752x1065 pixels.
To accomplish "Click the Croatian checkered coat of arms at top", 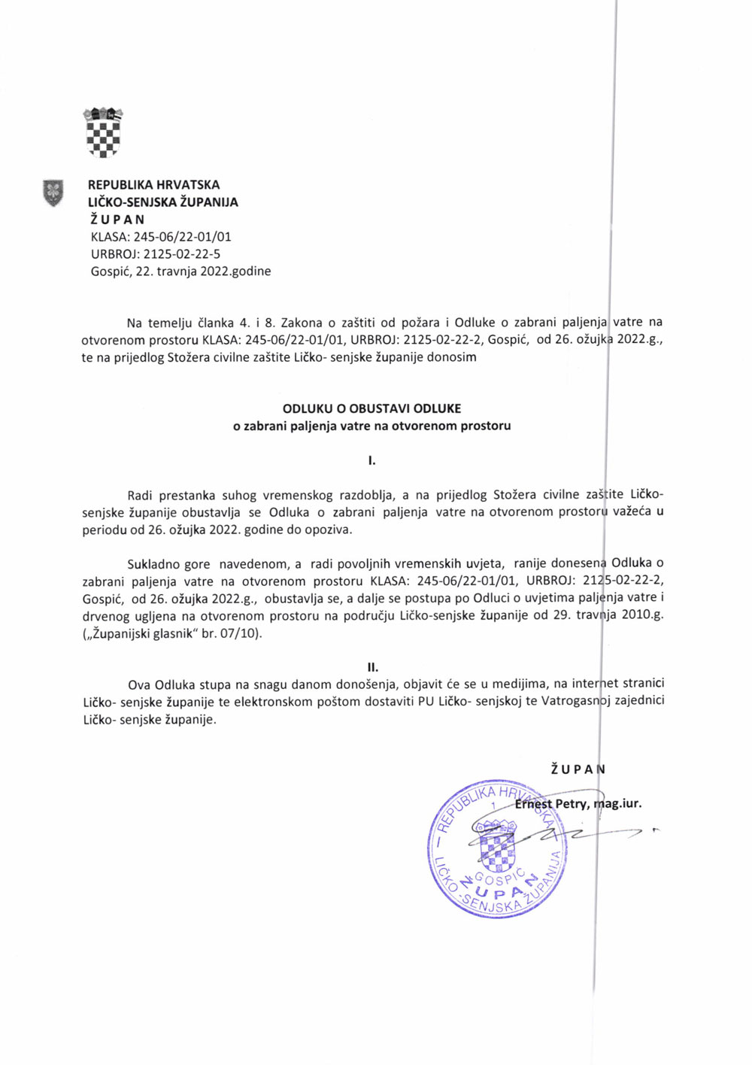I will pos(103,132).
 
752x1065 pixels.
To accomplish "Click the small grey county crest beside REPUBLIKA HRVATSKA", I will pos(53,193).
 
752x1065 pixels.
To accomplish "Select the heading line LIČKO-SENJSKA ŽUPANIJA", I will pos(163,202).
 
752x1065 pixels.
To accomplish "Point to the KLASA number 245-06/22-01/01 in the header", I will pos(183,237).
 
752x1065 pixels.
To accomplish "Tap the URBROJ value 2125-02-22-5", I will pos(182,254).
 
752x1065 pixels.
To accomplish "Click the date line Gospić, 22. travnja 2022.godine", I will pos(180,272).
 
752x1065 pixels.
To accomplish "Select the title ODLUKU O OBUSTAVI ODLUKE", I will pos(371,408).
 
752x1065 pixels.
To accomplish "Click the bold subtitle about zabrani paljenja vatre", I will pos(371,426).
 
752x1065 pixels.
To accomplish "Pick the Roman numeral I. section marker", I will pos(371,460).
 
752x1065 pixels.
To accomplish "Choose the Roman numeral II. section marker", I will pos(372,667).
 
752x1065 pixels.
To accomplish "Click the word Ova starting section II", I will pos(139,684).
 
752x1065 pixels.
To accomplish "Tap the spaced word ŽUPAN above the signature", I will pos(578,769).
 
